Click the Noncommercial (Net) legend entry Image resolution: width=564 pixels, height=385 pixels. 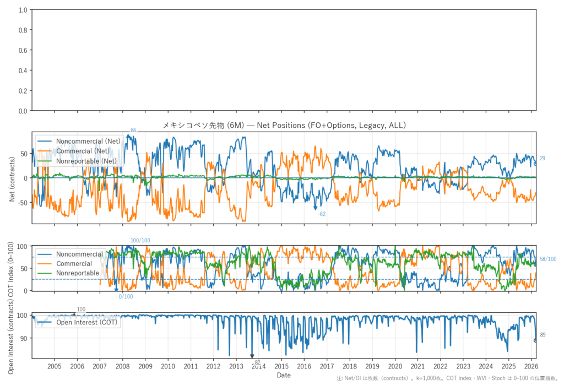pos(88,142)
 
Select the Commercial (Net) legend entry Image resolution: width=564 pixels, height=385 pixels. pos(83,151)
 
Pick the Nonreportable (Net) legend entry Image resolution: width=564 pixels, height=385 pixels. pos(87,160)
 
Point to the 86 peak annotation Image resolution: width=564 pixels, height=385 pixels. pos(133,130)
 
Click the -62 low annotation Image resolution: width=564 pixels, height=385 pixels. pos(322,214)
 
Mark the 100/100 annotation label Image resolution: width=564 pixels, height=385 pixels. pos(140,241)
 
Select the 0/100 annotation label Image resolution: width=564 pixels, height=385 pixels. pos(126,297)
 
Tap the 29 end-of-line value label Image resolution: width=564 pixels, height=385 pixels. pos(543,158)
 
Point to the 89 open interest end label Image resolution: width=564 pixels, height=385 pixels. pos(543,335)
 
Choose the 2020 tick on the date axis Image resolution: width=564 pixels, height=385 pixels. pos(394,366)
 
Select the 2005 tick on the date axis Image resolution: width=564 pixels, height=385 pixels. pos(54,366)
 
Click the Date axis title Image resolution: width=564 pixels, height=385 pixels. pos(284,375)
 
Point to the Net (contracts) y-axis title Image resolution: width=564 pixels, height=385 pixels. pos(12,177)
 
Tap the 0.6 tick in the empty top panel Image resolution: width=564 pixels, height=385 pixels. pos(23,51)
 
